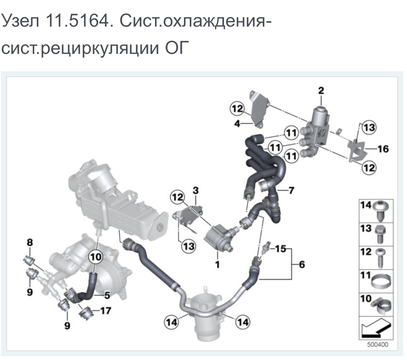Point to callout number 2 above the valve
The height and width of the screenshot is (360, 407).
321,90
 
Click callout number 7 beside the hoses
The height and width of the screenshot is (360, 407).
291,190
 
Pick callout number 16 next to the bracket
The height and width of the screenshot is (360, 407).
383,149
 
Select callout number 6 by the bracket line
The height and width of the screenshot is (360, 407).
302,264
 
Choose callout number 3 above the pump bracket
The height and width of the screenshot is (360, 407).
195,190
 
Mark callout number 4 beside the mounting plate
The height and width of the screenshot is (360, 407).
237,124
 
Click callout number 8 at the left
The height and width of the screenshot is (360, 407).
30,242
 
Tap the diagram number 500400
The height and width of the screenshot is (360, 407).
377,344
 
